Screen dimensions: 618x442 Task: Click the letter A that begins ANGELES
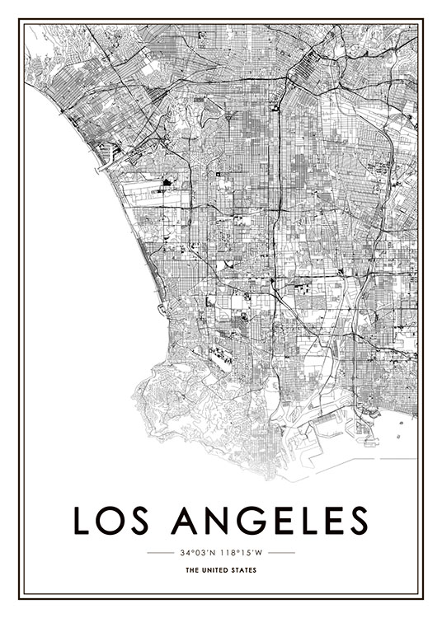tap(184, 521)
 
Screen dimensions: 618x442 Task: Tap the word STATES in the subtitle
tap(244, 570)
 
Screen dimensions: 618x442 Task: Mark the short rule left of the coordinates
tap(159, 552)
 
